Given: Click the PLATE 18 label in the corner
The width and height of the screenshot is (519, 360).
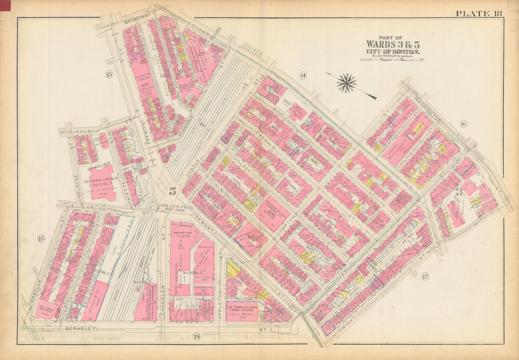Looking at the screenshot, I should click(479, 14).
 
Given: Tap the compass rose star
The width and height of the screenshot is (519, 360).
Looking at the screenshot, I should click(346, 83).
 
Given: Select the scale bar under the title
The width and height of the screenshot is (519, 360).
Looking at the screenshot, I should click(392, 59).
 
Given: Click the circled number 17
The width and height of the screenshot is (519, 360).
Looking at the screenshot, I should click(426, 276).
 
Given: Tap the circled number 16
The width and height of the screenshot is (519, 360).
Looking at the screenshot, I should click(463, 124).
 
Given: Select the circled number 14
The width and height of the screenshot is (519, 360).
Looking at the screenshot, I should click(303, 76).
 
